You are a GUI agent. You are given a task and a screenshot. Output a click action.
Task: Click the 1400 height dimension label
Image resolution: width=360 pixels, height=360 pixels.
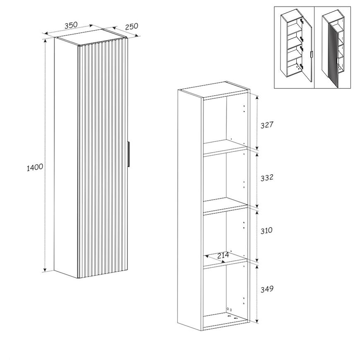click(35, 167)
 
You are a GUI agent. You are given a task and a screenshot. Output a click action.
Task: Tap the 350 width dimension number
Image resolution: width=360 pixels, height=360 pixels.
click(71, 25)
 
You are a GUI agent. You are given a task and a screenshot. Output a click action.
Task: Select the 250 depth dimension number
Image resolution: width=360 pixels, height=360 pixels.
click(132, 26)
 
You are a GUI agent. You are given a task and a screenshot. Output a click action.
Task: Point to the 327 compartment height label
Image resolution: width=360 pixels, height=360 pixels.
click(267, 125)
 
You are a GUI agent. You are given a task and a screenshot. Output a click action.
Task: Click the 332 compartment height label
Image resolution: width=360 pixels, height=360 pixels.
click(267, 178)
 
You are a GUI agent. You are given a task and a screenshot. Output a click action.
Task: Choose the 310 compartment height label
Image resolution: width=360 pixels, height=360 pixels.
click(266, 230)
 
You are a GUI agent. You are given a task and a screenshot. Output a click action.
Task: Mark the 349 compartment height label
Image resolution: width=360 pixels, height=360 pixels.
click(267, 289)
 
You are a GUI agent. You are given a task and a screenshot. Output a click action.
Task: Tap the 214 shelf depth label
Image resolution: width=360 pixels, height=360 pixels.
click(223, 255)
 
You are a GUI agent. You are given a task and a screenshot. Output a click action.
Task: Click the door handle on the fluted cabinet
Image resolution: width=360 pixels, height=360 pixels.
click(129, 154)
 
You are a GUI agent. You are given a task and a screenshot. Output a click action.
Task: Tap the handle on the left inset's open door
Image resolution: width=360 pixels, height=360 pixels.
click(311, 55)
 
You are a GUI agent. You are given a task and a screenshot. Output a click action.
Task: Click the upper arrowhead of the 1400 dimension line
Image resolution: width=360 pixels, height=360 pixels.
click(45, 41)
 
